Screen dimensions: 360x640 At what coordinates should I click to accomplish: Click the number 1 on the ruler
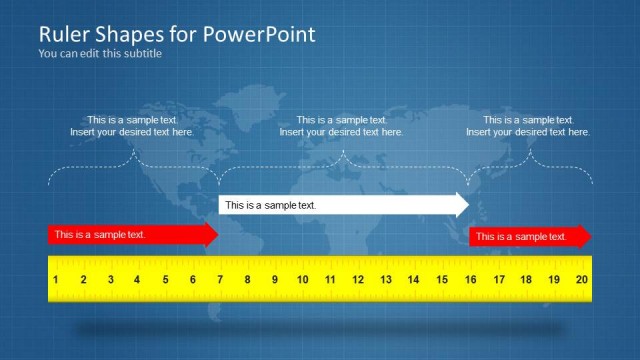click(x=56, y=281)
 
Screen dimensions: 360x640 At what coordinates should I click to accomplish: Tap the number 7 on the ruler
click(x=220, y=281)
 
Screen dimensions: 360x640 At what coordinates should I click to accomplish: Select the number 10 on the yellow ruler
click(x=302, y=281)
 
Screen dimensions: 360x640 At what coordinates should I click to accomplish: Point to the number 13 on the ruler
click(x=385, y=281)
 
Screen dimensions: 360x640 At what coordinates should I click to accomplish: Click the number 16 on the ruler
click(x=469, y=281)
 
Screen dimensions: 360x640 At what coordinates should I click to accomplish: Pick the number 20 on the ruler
click(x=581, y=281)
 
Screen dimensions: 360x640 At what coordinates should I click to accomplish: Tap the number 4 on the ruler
click(x=138, y=281)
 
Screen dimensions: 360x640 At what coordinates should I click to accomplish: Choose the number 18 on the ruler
click(x=525, y=281)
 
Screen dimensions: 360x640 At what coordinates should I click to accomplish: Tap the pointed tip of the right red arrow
click(x=590, y=236)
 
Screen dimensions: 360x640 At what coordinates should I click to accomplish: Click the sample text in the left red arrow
click(x=100, y=235)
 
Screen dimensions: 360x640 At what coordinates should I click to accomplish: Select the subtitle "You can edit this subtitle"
click(x=100, y=54)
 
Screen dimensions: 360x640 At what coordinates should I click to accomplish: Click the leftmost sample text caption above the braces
click(x=132, y=126)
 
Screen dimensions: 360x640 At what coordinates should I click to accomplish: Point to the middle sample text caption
click(x=342, y=126)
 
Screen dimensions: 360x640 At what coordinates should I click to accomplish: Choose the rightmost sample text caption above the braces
click(x=528, y=126)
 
